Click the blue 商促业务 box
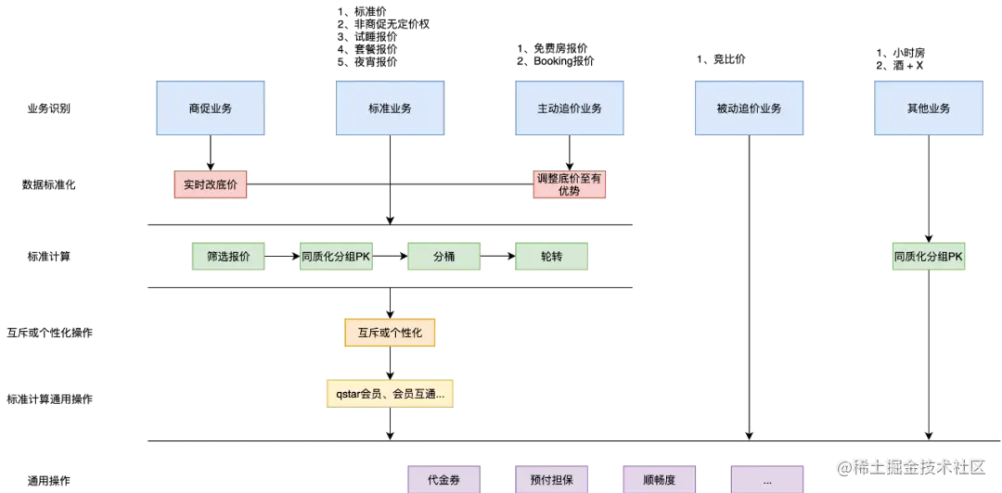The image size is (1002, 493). pos(211,107)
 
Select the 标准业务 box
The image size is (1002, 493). pos(390,107)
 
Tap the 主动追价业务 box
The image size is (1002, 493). pos(570,107)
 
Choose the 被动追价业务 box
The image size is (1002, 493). pos(749,107)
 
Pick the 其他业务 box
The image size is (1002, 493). pos(929,107)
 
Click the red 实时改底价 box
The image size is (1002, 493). pos(211,184)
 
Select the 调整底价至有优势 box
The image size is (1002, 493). pos(569,184)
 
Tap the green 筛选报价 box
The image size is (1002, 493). pos(228,256)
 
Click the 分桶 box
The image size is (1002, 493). pos(443,256)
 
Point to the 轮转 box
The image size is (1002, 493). pos(551,256)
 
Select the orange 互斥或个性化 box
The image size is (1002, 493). pos(389,333)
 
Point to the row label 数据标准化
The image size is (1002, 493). pos(48,185)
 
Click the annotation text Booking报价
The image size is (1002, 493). pos(564,61)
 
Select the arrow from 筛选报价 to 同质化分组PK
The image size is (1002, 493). pos(282,256)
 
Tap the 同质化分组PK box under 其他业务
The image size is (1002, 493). pos(929,256)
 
